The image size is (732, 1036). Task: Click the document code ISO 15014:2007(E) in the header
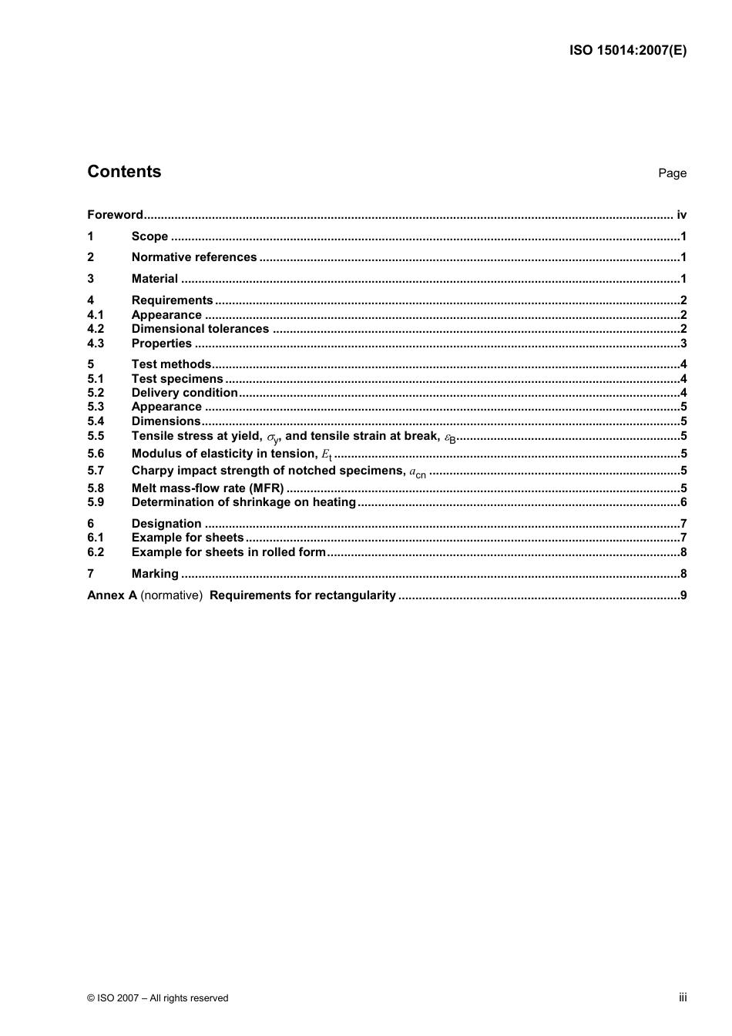(627, 51)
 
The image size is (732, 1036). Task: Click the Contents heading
(124, 172)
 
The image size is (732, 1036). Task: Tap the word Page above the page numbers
(672, 173)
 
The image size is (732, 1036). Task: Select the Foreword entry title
(115, 215)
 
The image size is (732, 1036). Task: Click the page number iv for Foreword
(681, 215)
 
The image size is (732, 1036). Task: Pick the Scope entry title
(149, 236)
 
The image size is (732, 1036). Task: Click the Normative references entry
(194, 257)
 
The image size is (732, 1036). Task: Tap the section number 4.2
(96, 329)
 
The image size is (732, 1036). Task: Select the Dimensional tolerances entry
(200, 329)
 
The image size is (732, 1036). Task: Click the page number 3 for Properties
(683, 344)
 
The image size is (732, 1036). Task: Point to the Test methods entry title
(171, 364)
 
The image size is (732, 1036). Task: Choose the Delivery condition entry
(185, 393)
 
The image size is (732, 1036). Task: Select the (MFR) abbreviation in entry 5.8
(266, 488)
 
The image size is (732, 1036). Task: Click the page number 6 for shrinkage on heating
(683, 502)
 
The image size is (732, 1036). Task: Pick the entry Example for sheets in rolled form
(229, 552)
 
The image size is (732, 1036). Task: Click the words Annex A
(112, 595)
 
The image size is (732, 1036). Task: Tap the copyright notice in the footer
(158, 997)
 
